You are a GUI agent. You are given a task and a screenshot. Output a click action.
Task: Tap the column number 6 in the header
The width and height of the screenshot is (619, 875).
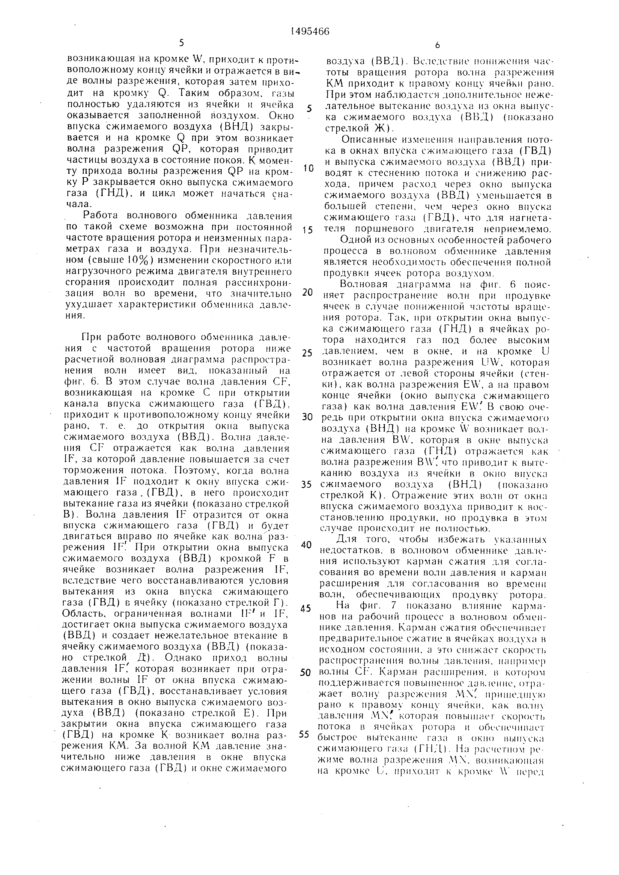[437, 45]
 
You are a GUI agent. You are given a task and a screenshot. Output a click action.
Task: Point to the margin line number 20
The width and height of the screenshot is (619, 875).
[308, 292]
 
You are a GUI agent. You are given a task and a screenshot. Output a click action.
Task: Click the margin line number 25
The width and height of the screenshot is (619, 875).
[307, 353]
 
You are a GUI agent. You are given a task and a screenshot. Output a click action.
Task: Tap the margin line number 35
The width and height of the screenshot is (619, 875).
[307, 485]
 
